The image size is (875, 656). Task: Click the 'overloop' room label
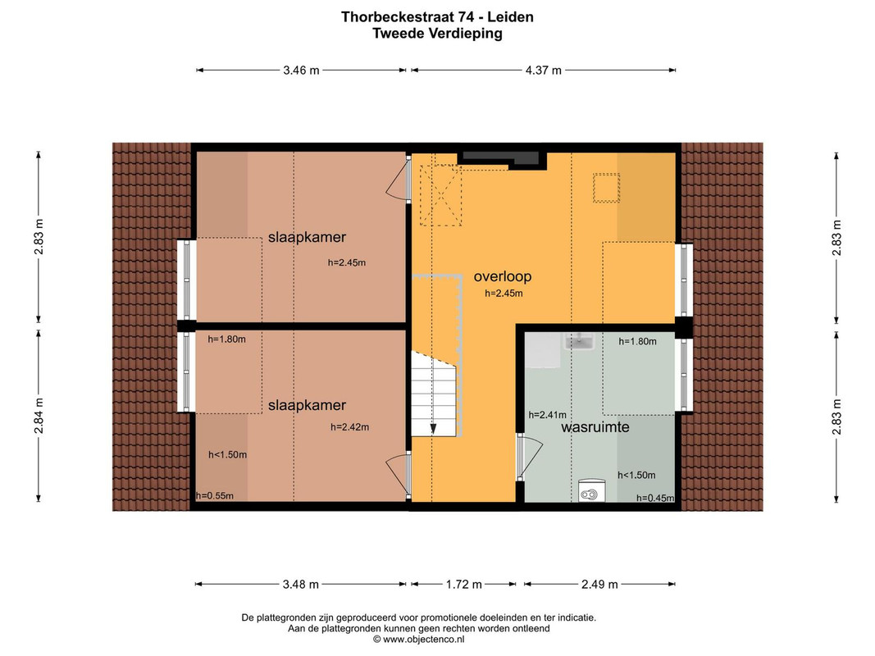click(502, 276)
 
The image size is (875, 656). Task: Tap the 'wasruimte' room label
click(595, 427)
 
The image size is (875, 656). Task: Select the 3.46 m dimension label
click(301, 71)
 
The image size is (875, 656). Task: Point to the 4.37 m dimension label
click(544, 71)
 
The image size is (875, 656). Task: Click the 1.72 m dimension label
click(463, 585)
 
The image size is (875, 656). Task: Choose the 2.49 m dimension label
click(600, 585)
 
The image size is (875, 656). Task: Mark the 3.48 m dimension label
click(301, 585)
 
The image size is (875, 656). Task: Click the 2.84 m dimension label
click(38, 416)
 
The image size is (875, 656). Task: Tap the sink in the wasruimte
click(579, 341)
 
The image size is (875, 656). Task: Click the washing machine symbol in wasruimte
click(590, 490)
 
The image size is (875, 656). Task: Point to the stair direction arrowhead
click(433, 429)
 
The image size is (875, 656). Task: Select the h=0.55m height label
click(215, 496)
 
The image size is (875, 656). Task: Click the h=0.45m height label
click(655, 498)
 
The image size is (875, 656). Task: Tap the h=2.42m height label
click(350, 427)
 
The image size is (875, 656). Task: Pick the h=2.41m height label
click(548, 415)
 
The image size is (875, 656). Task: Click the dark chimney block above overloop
click(500, 158)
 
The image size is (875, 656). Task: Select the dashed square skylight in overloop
click(607, 188)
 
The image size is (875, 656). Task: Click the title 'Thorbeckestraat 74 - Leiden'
click(438, 17)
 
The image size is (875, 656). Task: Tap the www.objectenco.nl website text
click(423, 640)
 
